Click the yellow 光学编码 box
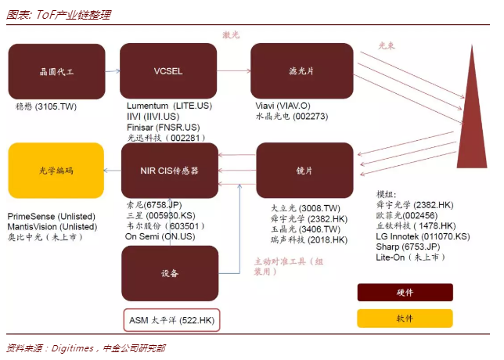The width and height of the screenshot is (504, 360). [x=56, y=170]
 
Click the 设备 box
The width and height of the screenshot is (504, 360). [x=170, y=273]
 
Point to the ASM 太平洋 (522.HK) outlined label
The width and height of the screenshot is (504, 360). [x=171, y=319]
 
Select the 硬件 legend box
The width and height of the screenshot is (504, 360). [x=405, y=292]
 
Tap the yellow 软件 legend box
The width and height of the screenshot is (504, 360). [x=405, y=318]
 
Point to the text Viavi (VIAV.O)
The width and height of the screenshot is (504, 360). [x=282, y=106]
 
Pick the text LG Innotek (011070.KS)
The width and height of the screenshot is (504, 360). [x=422, y=236]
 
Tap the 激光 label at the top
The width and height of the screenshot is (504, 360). [x=230, y=34]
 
